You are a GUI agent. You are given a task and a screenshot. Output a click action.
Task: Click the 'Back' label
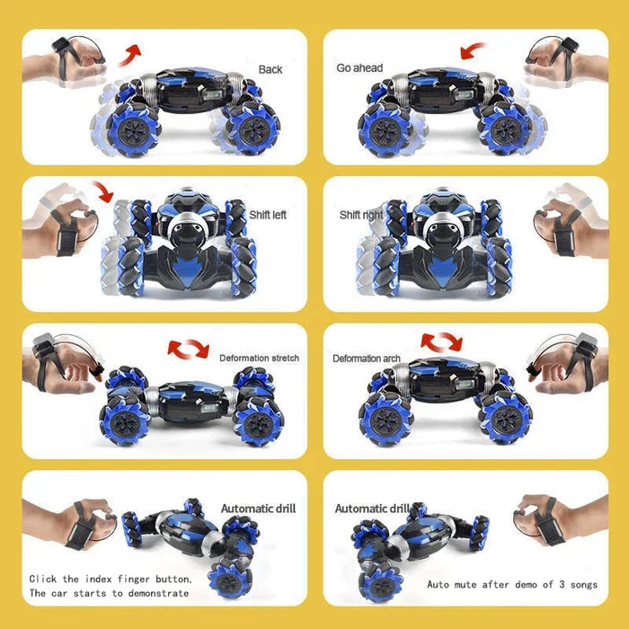coord(270,69)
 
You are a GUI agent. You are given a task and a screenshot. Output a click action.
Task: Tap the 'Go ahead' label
coord(359,68)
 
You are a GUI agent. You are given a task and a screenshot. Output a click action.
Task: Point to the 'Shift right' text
coord(361,215)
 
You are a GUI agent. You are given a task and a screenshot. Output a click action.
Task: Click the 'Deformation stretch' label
coord(259,358)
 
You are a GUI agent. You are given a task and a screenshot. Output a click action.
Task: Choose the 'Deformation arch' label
coord(367,358)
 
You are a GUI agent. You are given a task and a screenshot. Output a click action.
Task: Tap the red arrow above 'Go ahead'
coord(474,50)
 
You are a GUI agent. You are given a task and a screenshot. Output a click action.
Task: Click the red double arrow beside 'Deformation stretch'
coord(189,348)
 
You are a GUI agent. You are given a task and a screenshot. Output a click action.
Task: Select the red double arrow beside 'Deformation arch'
coord(441,341)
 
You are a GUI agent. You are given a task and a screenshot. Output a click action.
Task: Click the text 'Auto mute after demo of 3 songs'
coord(511,585)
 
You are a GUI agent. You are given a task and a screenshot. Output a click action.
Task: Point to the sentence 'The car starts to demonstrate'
coord(110,593)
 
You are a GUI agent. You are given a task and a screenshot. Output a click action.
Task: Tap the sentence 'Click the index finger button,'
coord(111,579)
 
